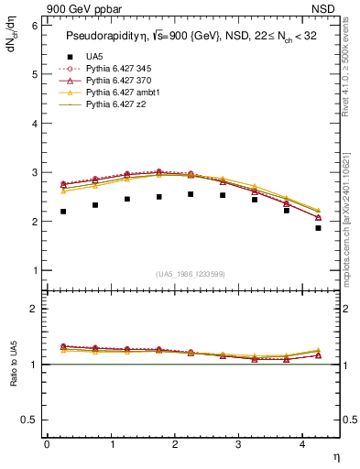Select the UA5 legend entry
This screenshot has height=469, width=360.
click(93, 57)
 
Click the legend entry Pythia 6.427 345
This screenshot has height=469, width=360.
click(115, 69)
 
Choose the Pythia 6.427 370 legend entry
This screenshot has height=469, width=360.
click(115, 82)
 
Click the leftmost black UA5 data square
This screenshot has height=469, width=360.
click(63, 212)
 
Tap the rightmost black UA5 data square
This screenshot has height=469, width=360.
click(318, 228)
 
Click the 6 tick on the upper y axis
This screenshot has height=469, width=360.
click(34, 26)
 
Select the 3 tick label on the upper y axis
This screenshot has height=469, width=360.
click(34, 173)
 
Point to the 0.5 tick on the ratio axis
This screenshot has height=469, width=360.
click(29, 420)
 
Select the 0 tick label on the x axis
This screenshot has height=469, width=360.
click(47, 444)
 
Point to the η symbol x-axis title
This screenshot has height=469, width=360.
click(334, 456)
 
